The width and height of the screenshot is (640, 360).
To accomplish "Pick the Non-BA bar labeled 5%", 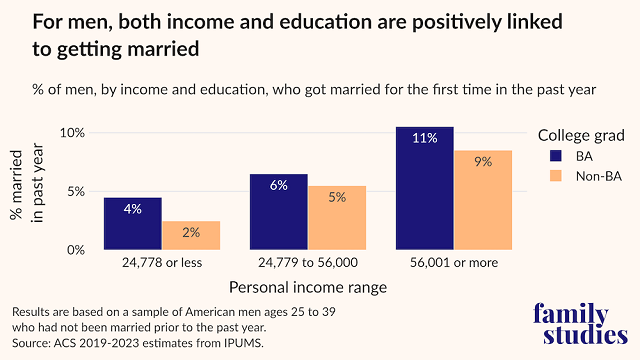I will tap(337, 217).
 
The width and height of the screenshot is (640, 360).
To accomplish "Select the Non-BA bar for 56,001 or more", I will tap(483, 200).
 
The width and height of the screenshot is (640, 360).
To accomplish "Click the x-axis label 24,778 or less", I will tap(162, 265).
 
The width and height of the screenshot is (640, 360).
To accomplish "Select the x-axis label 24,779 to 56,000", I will tap(308, 265).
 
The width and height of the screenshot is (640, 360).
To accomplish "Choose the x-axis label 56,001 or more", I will tap(453, 265).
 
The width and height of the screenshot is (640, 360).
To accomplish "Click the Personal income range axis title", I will tap(308, 288).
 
